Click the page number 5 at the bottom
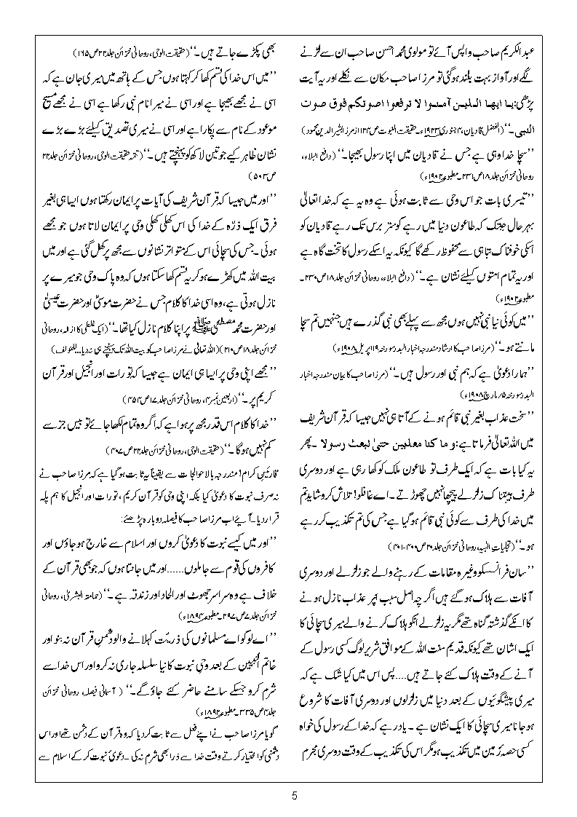[295, 795]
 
